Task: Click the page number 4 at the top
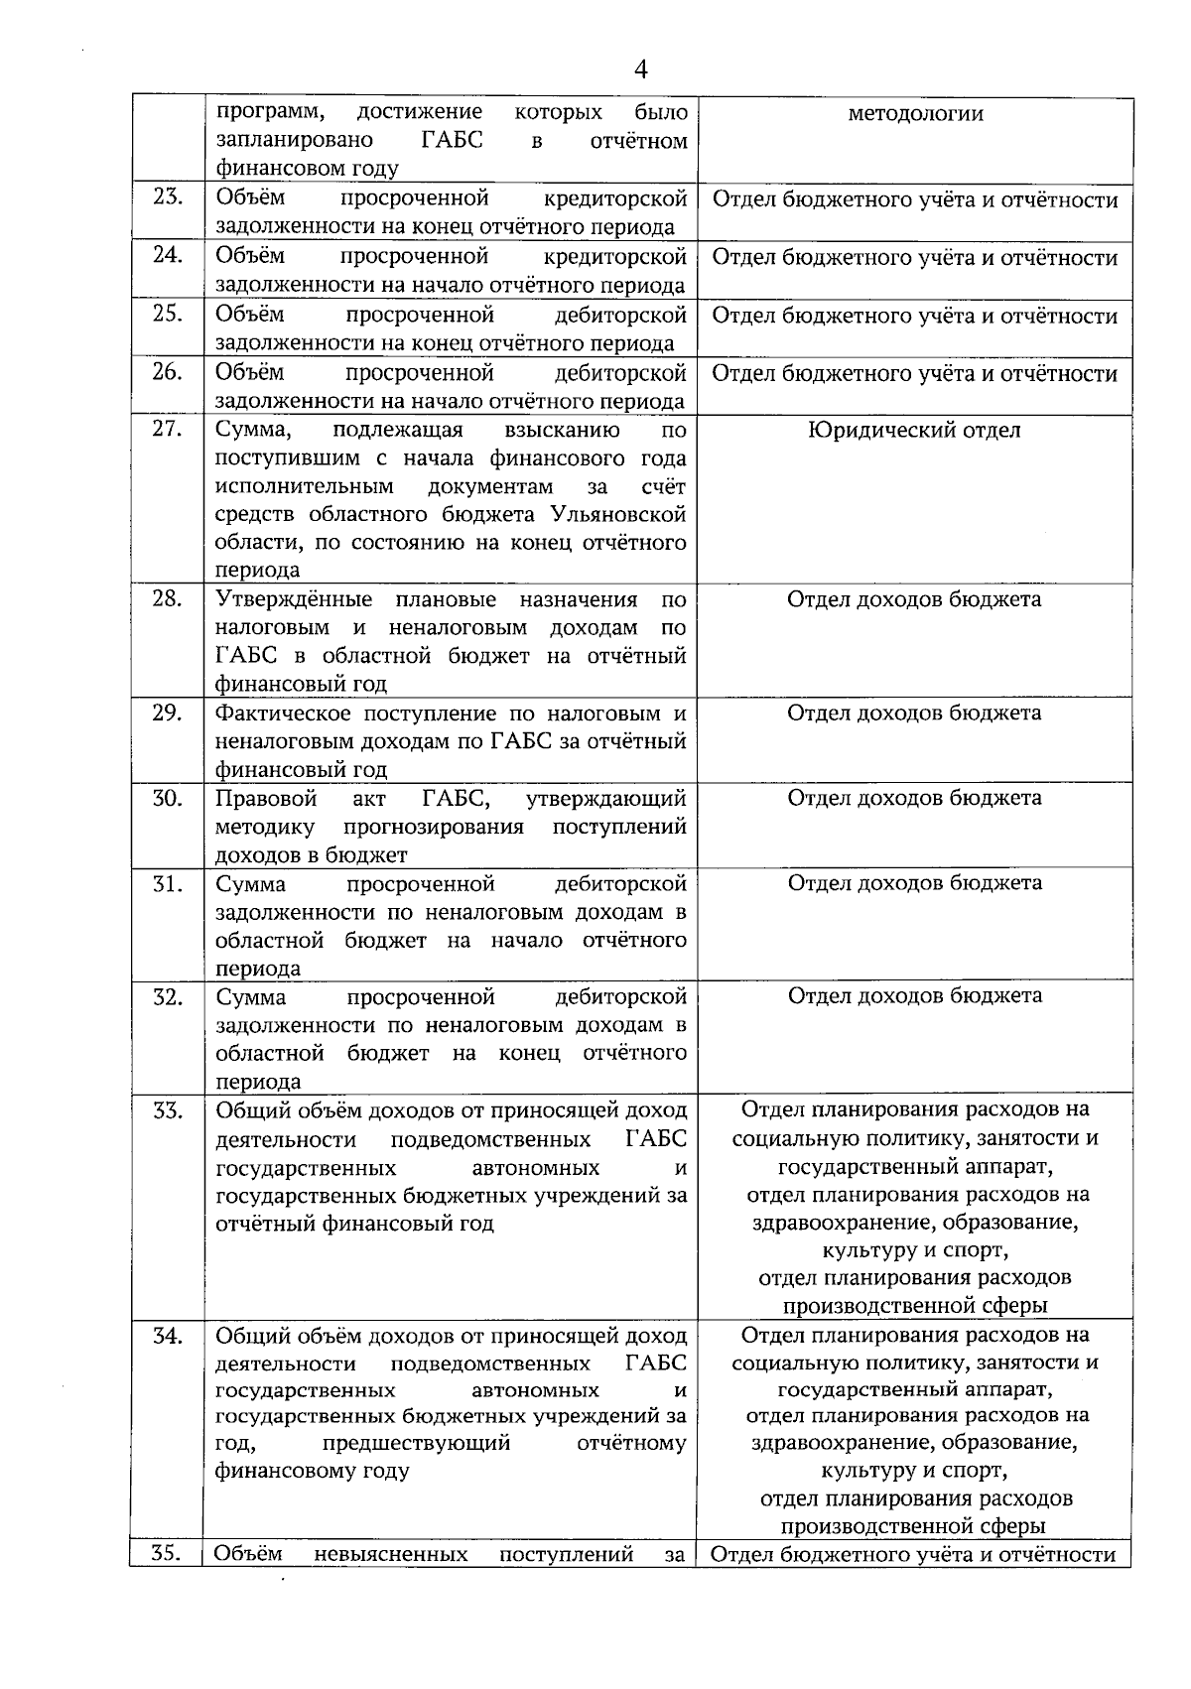click(640, 69)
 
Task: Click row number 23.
click(168, 197)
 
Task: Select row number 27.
click(168, 430)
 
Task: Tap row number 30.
click(168, 798)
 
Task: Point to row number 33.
click(168, 1110)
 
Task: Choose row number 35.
click(168, 1554)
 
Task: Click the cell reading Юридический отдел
click(914, 431)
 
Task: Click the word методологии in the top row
click(915, 114)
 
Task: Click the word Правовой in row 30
click(266, 799)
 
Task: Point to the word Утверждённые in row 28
click(294, 600)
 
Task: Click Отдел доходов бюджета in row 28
click(914, 600)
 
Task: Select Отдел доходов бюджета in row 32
click(914, 996)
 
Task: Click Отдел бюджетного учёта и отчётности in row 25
click(914, 317)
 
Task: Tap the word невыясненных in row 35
click(390, 1554)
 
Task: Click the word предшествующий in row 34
click(416, 1443)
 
